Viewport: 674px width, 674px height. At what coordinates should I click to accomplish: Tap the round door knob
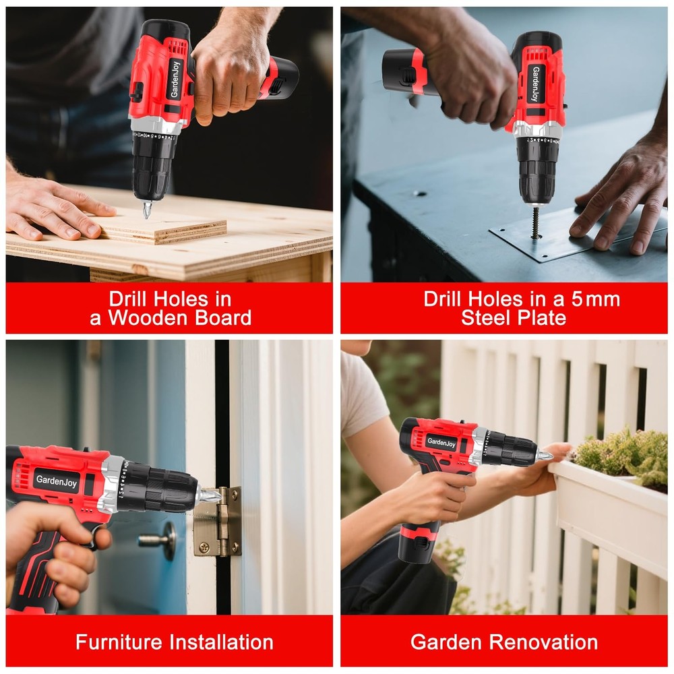point(162,539)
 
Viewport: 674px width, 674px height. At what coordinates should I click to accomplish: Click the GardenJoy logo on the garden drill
point(441,443)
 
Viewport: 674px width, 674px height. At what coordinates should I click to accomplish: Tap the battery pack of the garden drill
point(417,543)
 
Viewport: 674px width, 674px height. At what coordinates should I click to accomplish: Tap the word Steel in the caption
point(487,318)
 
